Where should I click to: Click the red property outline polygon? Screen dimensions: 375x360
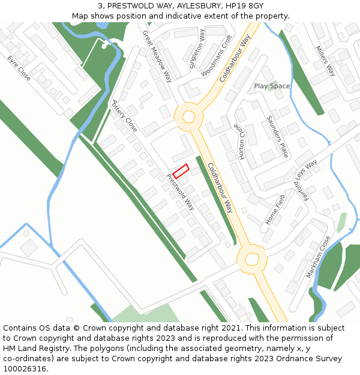click(x=181, y=171)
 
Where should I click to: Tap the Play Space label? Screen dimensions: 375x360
click(x=272, y=86)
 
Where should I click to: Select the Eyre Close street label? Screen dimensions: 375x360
click(x=19, y=68)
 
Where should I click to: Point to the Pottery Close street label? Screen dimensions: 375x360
click(x=125, y=116)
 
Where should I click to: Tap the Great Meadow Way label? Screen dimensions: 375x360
click(x=157, y=56)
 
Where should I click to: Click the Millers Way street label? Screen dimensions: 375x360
click(x=325, y=61)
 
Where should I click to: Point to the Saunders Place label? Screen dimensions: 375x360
click(x=277, y=136)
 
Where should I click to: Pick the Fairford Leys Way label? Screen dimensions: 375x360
click(x=305, y=179)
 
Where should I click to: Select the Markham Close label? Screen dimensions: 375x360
click(x=319, y=256)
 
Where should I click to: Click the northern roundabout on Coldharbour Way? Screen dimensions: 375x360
click(x=188, y=116)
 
